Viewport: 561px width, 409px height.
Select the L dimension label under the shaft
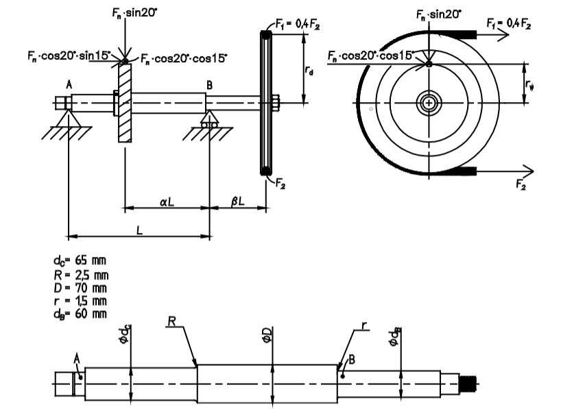(139, 231)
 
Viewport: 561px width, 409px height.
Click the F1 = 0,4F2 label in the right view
(510, 23)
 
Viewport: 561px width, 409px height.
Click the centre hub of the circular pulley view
(428, 103)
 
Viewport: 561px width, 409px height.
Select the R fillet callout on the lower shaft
(174, 321)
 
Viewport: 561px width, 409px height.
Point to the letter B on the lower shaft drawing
(352, 359)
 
